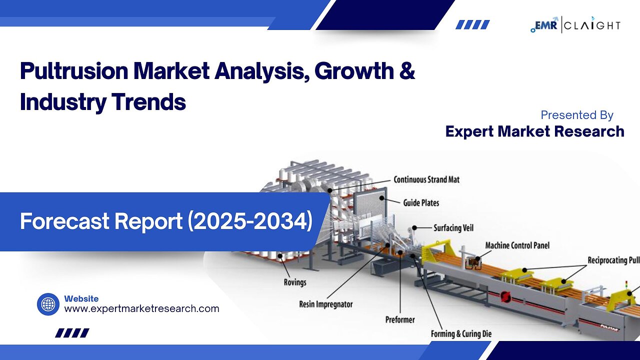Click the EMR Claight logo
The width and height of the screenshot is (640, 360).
point(575,25)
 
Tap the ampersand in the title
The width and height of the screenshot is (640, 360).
point(407,70)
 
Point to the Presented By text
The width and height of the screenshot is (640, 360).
point(577,115)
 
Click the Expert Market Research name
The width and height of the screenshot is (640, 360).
point(535,131)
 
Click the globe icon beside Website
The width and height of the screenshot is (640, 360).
point(48,304)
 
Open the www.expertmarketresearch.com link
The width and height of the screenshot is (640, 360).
point(141,308)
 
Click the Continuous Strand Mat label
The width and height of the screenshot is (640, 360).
point(426,179)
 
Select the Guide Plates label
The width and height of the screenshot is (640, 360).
point(421,203)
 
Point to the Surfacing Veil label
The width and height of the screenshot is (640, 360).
point(453,228)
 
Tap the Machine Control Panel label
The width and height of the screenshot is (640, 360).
point(517,245)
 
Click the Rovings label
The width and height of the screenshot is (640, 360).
point(295,282)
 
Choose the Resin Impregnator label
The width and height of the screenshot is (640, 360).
point(325,304)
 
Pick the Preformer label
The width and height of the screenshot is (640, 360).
point(400,319)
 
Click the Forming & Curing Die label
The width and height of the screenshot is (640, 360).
point(461,333)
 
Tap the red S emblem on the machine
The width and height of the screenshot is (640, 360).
point(505,297)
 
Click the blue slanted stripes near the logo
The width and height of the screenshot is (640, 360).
point(472,24)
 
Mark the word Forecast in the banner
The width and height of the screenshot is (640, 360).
point(64,221)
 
